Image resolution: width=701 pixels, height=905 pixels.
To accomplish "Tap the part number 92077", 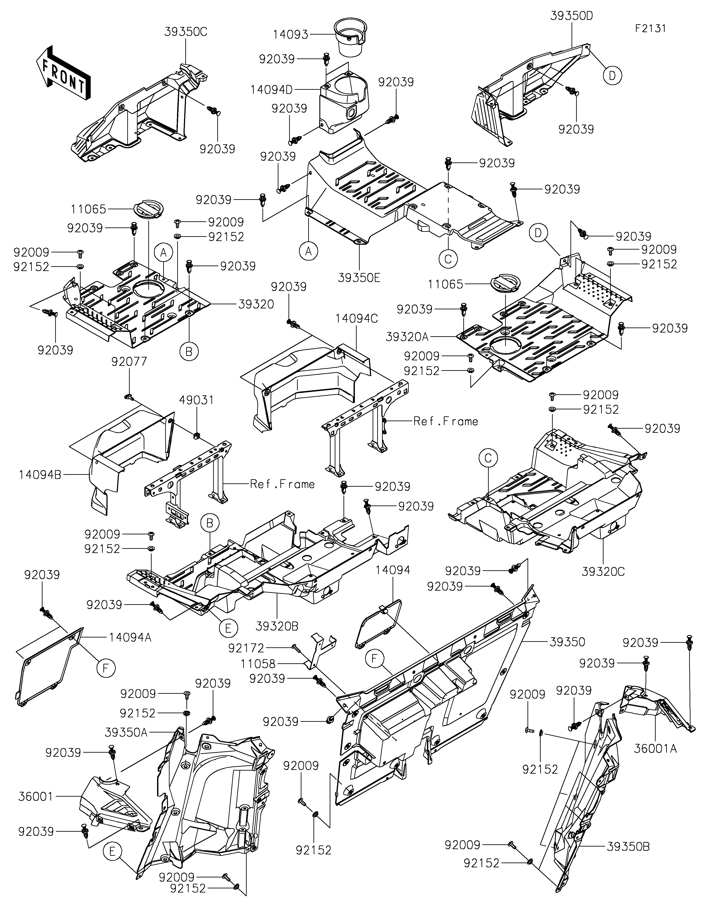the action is pos(129,362).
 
